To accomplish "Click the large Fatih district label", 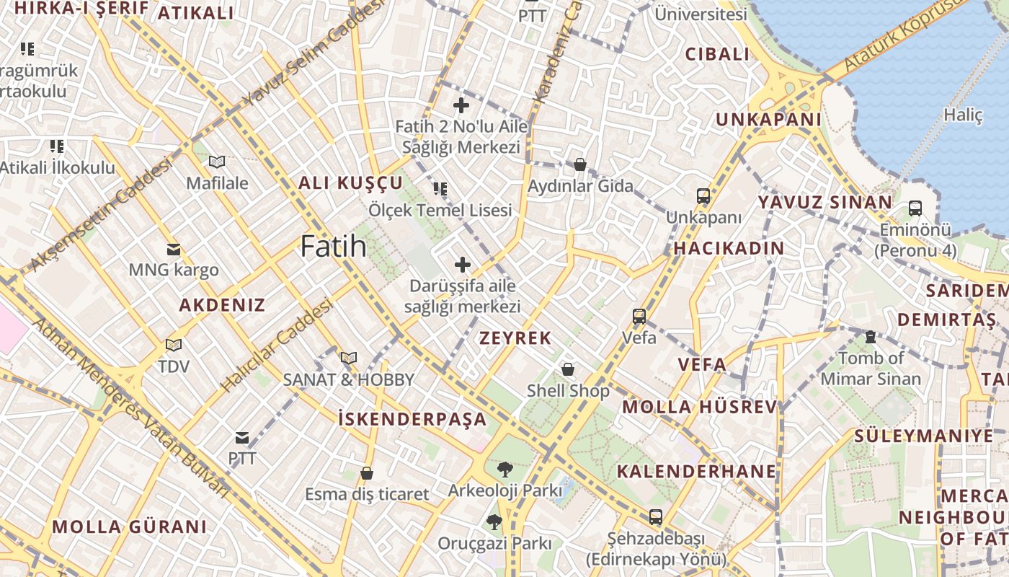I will pos(333,247).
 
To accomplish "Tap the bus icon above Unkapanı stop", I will pos(703,196).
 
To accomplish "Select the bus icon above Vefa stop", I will pos(639,317).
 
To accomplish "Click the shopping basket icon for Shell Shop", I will pos(568,370).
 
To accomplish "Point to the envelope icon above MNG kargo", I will pos(174,250).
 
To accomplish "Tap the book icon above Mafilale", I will pos(217,162).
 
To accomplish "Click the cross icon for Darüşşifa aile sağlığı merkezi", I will pos(462,265).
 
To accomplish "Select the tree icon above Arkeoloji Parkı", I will pos(504,470).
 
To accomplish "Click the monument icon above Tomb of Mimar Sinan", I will pos(870,337).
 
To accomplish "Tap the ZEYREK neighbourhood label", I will pos(515,338).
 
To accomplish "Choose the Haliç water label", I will pos(963,115).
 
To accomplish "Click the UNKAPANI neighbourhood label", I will pos(768,120).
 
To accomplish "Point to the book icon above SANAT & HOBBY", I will pos(349,358).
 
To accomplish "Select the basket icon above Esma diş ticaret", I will pos(367,473).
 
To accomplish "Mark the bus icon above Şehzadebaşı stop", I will pos(655,517).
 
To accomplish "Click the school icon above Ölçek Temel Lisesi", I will pos(440,189).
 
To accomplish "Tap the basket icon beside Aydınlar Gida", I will pos(580,165).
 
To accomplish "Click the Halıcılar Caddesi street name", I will pos(277,346).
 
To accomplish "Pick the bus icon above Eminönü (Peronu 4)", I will pos(915,208).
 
